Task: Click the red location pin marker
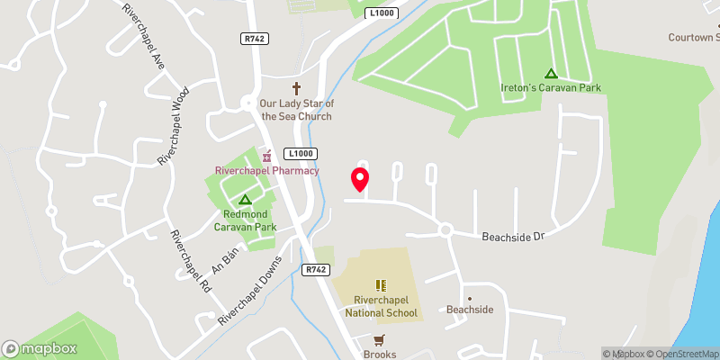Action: (360, 179)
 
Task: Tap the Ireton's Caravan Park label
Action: (551, 87)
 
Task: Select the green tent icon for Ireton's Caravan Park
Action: (551, 74)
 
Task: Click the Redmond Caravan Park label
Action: (245, 220)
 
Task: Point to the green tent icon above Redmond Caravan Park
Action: (244, 199)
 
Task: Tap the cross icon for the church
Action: (296, 87)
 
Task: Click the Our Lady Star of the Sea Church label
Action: (296, 110)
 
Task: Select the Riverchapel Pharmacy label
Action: (267, 170)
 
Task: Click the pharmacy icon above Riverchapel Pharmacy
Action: (266, 156)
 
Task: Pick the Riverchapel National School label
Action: (381, 307)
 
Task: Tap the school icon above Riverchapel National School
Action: (381, 284)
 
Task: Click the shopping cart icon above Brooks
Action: (380, 339)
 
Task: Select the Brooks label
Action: (380, 354)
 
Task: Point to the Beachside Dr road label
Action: (514, 235)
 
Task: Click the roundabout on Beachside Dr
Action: (445, 229)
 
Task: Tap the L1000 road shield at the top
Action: (382, 13)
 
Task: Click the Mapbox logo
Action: (39, 348)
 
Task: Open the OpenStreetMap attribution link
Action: (681, 354)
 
